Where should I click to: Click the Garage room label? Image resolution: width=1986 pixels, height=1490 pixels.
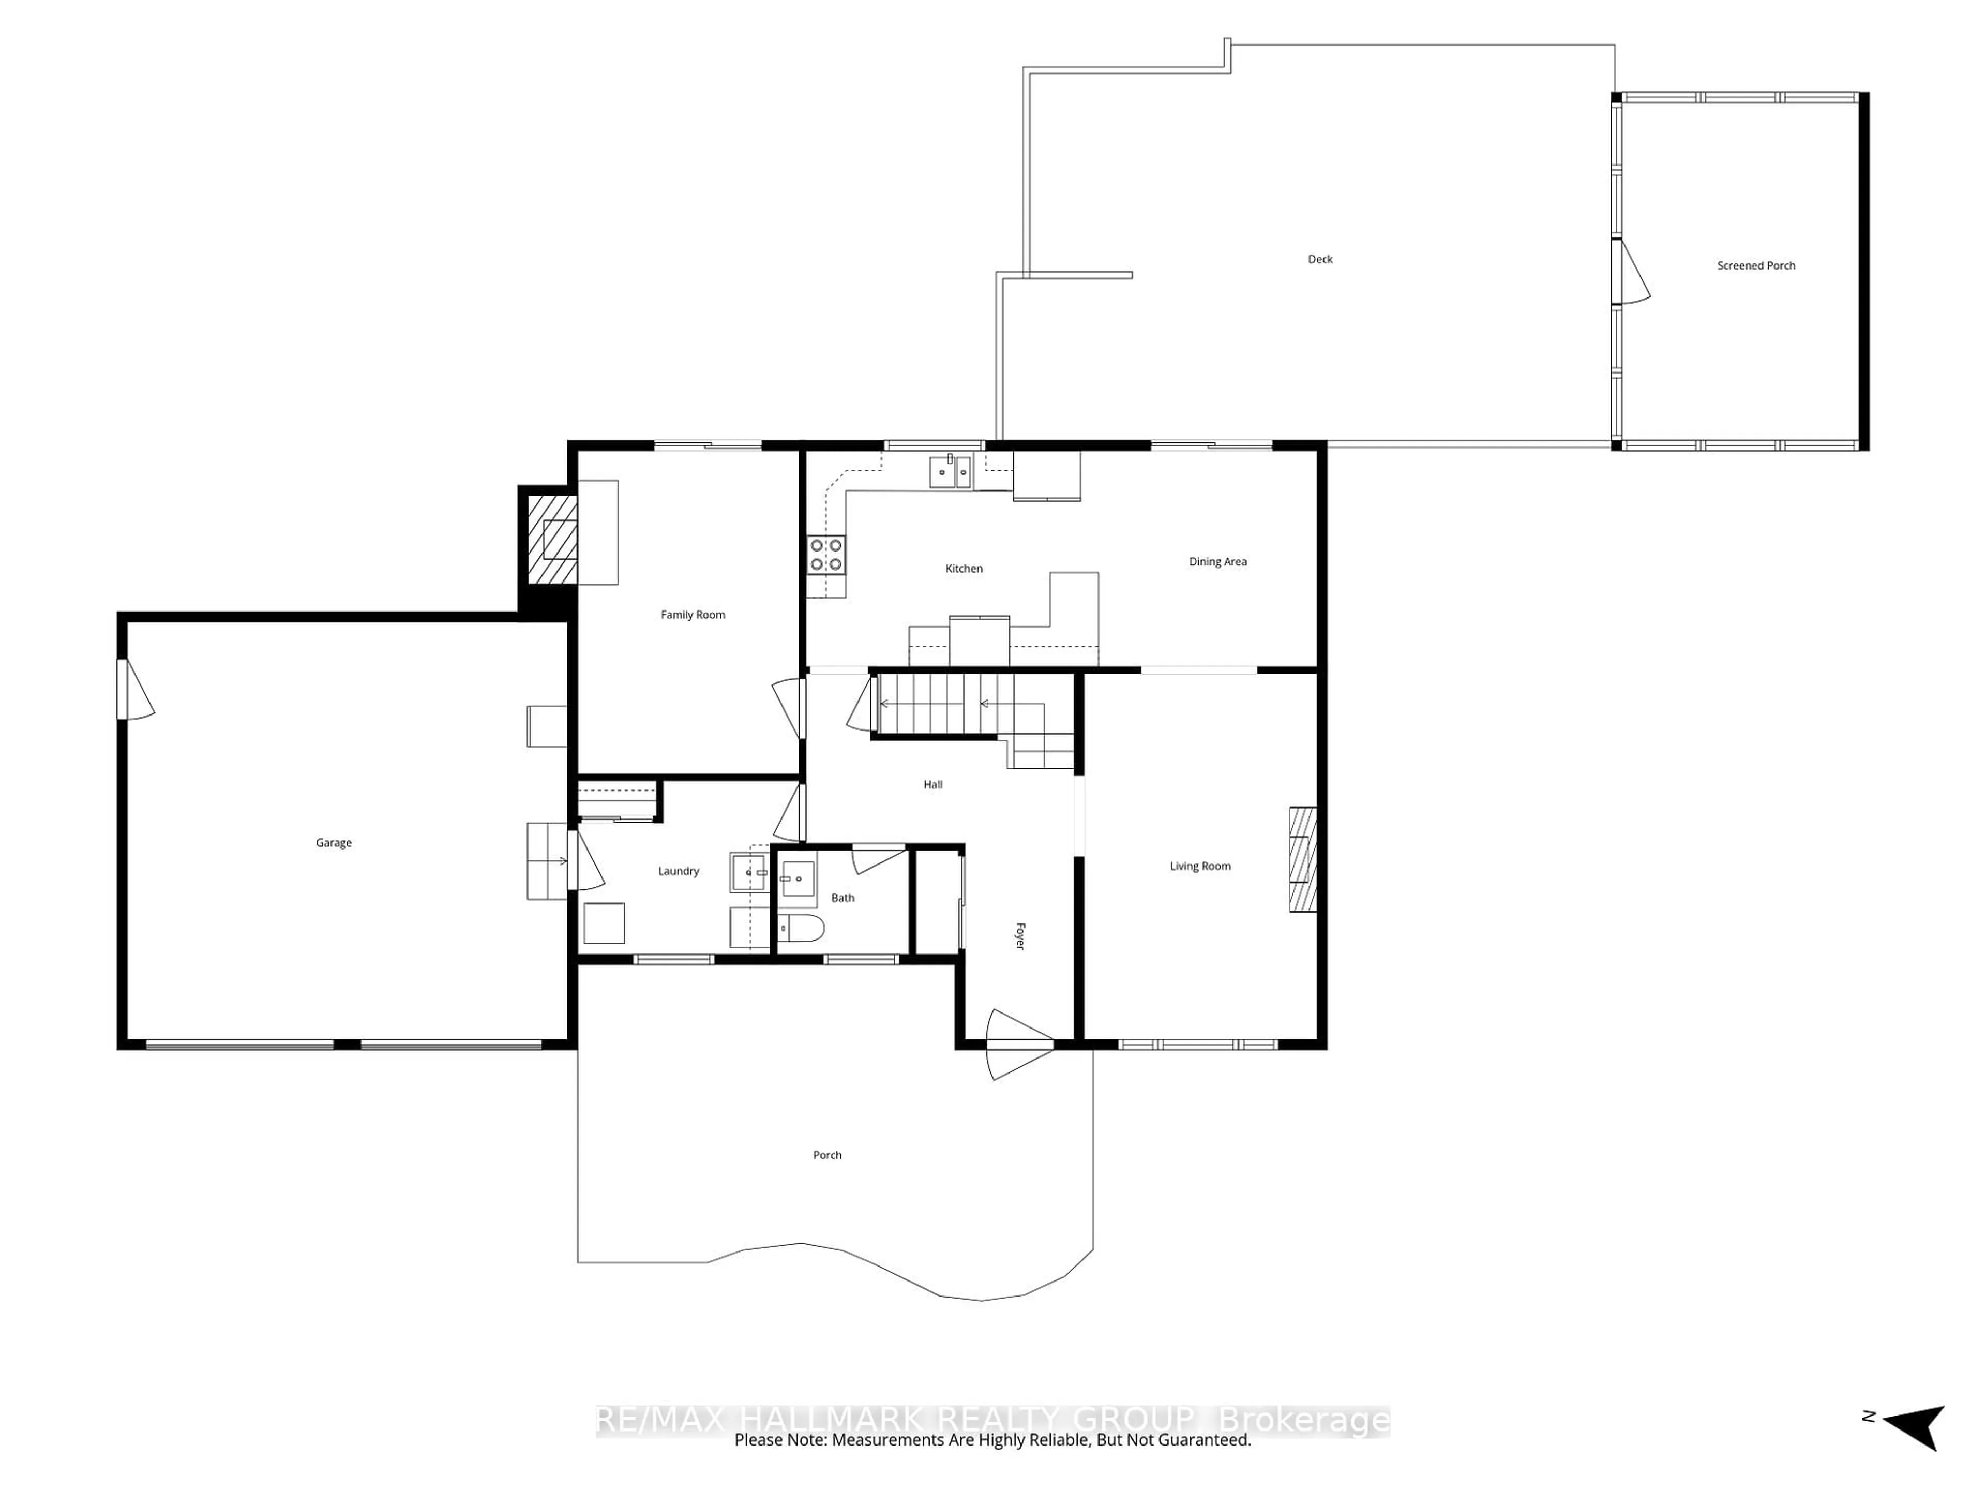pos(333,842)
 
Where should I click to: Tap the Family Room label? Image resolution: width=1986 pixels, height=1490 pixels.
pos(692,614)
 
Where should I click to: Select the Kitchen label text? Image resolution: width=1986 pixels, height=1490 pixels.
pos(964,569)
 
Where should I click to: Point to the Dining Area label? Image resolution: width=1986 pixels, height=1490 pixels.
pos(1217,561)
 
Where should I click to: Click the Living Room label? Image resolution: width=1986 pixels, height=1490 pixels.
pos(1199,866)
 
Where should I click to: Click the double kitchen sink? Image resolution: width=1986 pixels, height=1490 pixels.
pos(950,471)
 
